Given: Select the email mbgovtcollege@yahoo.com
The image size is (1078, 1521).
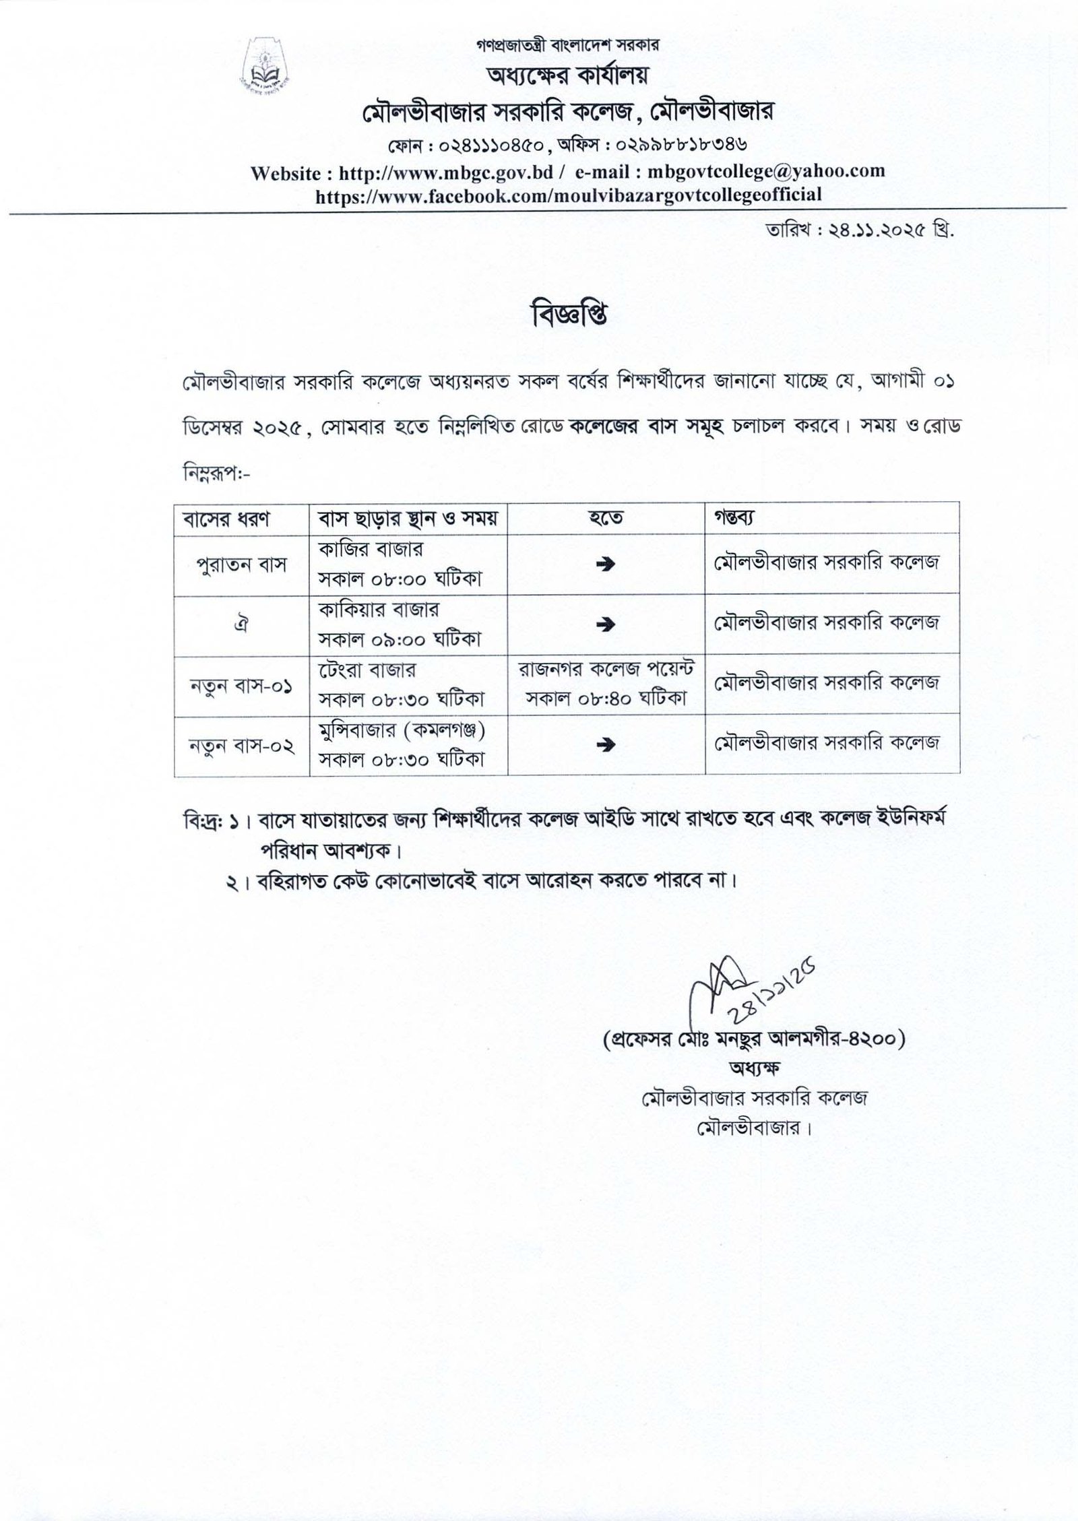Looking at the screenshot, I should (765, 172).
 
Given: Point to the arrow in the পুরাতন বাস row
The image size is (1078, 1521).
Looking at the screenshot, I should (606, 566).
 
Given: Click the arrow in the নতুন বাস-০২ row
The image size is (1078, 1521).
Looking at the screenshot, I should (606, 744).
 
